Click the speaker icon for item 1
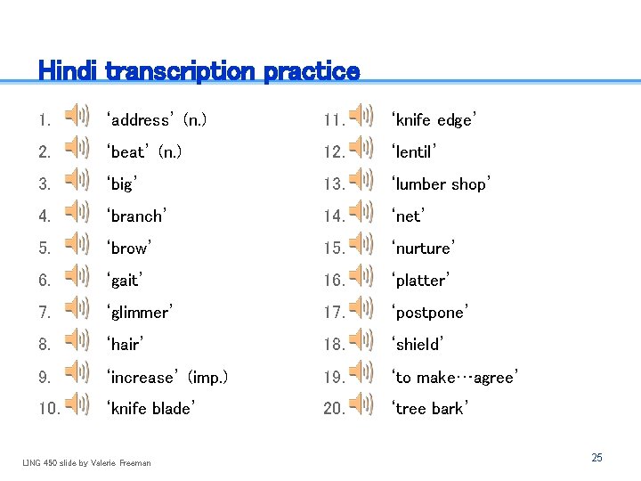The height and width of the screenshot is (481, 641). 77,115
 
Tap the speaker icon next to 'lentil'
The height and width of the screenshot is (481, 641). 361,147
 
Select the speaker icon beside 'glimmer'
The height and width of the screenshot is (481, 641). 77,308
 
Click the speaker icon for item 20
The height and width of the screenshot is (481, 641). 361,404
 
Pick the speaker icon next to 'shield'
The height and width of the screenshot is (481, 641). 361,339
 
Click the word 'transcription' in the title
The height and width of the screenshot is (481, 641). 181,70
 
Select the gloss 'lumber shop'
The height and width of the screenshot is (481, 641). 441,184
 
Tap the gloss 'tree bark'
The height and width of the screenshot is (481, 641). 431,409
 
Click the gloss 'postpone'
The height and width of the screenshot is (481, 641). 429,313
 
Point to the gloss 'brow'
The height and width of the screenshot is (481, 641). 129,249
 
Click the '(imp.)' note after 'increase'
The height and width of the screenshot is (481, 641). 208,378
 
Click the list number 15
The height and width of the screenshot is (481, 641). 334,249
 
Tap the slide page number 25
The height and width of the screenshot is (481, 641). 596,457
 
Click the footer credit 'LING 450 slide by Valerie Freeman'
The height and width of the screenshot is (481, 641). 86,462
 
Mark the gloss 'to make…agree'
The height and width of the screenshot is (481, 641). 454,378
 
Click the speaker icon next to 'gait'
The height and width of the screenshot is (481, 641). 77,275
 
